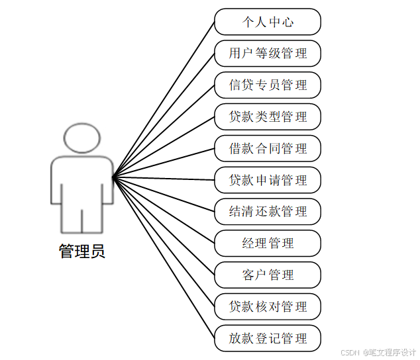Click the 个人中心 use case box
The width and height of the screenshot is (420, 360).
click(x=268, y=22)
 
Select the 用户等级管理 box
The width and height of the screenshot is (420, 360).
click(x=268, y=54)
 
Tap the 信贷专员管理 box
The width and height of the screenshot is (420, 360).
click(x=268, y=85)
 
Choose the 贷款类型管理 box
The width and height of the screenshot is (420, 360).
click(x=268, y=117)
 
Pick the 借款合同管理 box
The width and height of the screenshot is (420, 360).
click(x=268, y=148)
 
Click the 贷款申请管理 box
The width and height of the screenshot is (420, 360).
click(x=268, y=180)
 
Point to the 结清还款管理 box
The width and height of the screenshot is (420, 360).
click(x=268, y=212)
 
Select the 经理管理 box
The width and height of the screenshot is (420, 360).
click(x=268, y=244)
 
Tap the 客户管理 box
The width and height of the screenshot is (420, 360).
click(x=268, y=275)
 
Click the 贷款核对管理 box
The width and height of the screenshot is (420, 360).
click(x=268, y=306)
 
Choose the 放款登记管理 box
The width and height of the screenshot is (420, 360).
click(x=268, y=338)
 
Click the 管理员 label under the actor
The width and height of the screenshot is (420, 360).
click(x=81, y=251)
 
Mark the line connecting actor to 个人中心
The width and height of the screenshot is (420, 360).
click(x=164, y=99)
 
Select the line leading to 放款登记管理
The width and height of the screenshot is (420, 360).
click(x=164, y=257)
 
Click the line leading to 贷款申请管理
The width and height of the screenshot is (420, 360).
click(x=164, y=178)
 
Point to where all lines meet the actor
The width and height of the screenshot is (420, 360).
click(x=114, y=177)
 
